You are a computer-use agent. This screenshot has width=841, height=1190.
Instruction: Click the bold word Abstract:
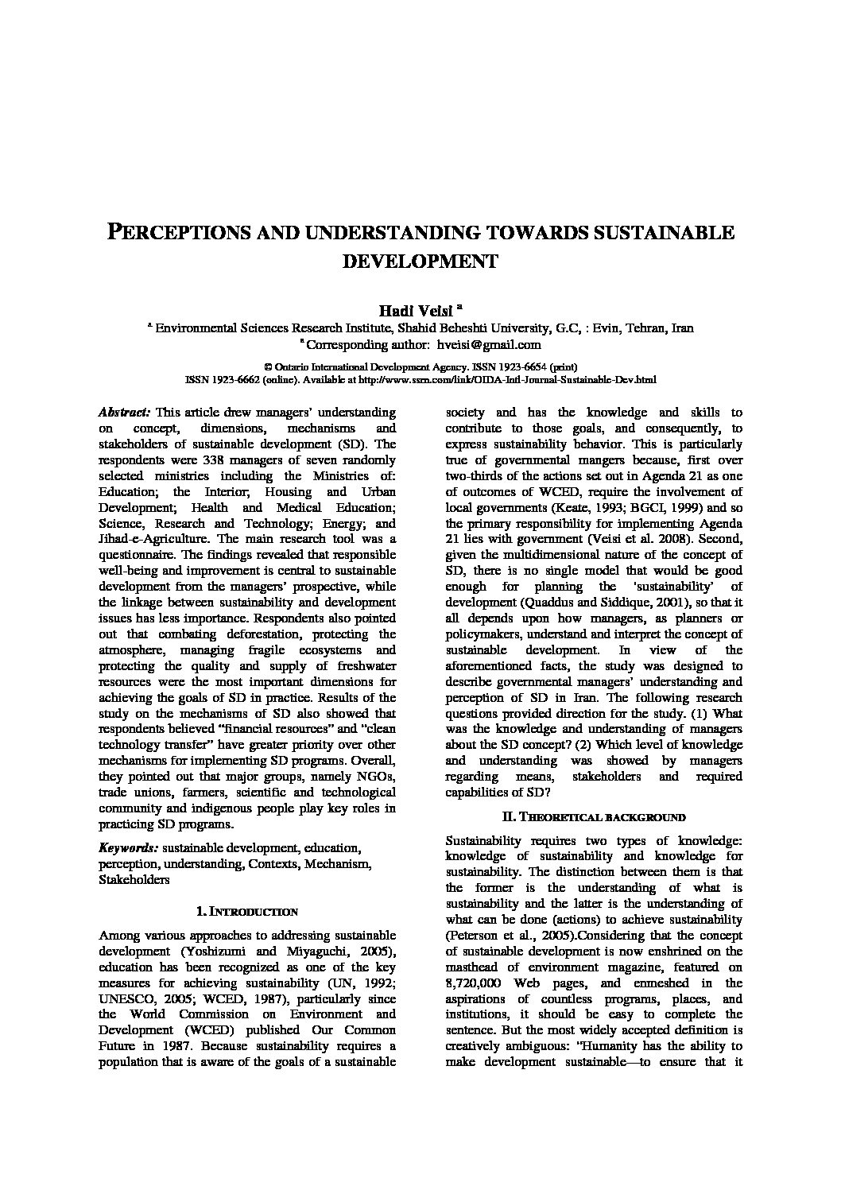click(x=124, y=413)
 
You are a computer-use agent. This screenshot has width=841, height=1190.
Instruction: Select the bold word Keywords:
click(x=127, y=848)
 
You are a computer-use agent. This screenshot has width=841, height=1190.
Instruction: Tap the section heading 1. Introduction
click(x=246, y=912)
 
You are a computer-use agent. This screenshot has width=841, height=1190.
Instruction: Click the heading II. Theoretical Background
click(x=594, y=816)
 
